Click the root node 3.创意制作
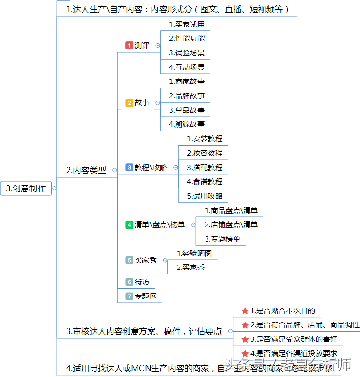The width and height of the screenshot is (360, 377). (x=26, y=188)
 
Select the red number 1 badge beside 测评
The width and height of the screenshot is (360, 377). (x=129, y=45)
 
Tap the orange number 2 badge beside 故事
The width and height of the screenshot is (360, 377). (x=129, y=103)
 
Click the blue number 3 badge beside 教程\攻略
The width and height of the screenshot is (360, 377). (x=129, y=167)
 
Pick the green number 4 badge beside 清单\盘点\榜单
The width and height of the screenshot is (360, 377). (x=129, y=224)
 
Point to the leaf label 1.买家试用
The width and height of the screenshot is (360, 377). (x=186, y=24)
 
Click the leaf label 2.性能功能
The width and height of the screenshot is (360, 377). (x=186, y=39)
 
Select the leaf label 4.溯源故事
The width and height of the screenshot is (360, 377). (x=186, y=124)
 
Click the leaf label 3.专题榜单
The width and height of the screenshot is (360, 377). (x=222, y=239)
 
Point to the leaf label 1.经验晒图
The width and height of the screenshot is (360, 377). (x=194, y=253)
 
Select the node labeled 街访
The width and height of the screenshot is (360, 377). (x=141, y=282)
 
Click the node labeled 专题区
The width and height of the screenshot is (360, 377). (x=145, y=296)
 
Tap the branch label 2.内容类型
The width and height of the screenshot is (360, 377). (x=86, y=170)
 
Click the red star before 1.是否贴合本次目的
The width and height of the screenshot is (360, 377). (x=245, y=310)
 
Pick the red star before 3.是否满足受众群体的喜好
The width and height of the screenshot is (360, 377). (x=245, y=339)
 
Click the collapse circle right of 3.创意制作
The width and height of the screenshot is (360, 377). (x=55, y=188)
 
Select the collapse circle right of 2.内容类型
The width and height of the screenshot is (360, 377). (x=114, y=170)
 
